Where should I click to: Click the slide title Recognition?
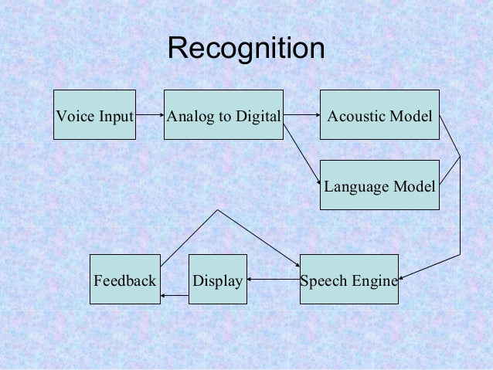[x=246, y=49]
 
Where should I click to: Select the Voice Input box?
[x=94, y=115]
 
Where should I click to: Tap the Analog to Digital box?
[x=223, y=115]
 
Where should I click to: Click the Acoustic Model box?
[x=379, y=115]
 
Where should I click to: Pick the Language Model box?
[x=379, y=185]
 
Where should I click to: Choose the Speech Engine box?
[x=348, y=279]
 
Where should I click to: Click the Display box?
[x=217, y=279]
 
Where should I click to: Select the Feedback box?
[x=125, y=279]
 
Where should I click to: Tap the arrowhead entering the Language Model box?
[x=317, y=182]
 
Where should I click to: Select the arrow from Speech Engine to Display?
[x=273, y=279]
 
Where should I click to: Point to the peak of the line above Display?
[x=218, y=210]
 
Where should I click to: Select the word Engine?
[x=376, y=280]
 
